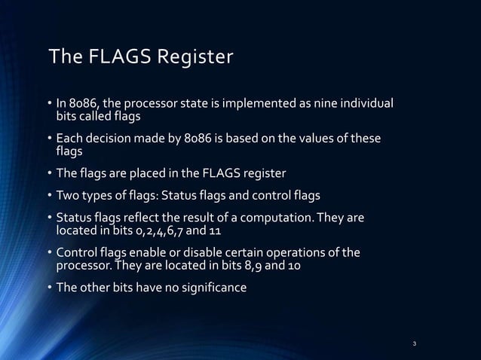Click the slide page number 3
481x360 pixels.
click(x=415, y=344)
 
